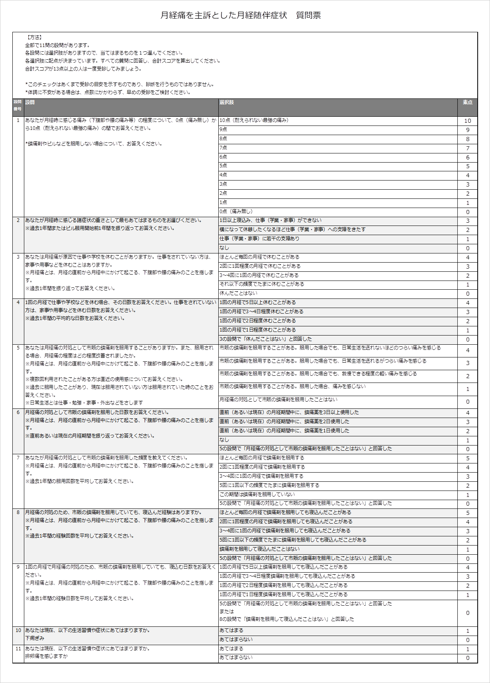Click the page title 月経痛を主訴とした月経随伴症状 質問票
241,16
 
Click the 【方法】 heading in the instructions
35,37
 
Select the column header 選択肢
227,102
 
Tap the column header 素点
467,102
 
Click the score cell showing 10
467,121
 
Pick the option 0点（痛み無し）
236,212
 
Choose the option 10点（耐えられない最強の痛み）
254,120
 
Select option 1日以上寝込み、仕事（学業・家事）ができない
270,220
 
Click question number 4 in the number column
18,302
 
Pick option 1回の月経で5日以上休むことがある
258,302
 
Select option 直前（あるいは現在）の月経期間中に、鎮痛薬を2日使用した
284,422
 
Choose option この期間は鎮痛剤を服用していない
257,495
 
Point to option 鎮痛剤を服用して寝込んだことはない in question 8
259,549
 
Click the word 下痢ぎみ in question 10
35,638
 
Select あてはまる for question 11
231,649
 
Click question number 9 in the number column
18,567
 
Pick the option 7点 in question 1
223,148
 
